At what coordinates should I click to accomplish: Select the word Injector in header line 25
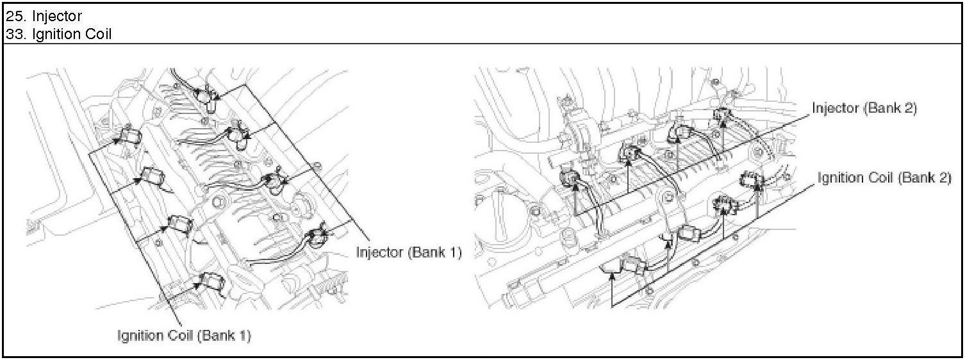click(x=56, y=15)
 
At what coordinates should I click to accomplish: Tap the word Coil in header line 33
click(x=95, y=33)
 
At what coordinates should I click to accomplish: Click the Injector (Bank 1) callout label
click(x=408, y=252)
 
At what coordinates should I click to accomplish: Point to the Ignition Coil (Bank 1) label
click(x=183, y=335)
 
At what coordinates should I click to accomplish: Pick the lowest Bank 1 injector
click(x=318, y=237)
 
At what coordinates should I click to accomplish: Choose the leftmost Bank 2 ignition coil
click(x=637, y=265)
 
